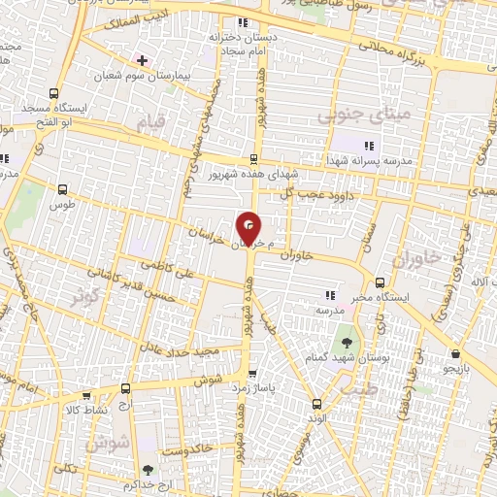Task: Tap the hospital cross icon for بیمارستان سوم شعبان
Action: (143, 60)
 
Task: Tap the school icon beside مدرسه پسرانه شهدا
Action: (367, 146)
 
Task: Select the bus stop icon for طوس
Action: (64, 190)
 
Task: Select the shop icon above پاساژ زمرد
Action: (253, 373)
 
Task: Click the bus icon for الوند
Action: (315, 404)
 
